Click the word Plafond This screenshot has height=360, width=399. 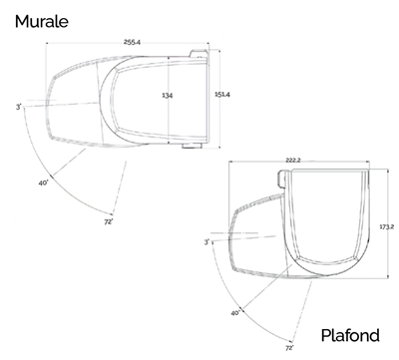point(351,336)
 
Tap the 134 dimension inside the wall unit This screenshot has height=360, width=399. point(167,96)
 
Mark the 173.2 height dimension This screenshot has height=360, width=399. point(388,227)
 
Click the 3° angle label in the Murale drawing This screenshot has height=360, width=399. point(18,106)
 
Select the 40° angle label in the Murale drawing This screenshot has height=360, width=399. point(44,182)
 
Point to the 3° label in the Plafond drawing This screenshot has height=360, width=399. point(206,241)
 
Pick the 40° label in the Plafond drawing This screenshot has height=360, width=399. point(235,313)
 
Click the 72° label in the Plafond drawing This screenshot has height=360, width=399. point(289,348)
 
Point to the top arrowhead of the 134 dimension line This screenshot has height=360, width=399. point(170,58)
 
